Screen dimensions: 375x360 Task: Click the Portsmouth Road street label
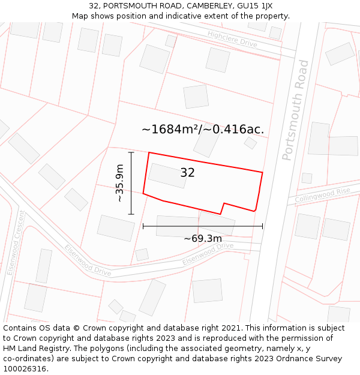(296, 110)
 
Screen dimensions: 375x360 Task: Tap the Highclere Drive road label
(232, 39)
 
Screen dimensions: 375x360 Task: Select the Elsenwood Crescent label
(15, 242)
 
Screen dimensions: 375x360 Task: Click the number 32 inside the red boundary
(187, 173)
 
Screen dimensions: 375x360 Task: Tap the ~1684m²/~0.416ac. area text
(203, 129)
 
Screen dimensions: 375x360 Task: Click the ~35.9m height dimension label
(119, 183)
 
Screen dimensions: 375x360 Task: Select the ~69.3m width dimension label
(203, 238)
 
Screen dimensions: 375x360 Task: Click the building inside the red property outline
(167, 175)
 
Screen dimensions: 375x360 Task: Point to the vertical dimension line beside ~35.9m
(131, 183)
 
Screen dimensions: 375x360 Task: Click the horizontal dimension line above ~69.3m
(203, 226)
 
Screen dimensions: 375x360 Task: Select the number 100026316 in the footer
(26, 369)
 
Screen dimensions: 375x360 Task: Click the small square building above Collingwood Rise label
(307, 178)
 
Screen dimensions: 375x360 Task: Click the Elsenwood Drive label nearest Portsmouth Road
(208, 254)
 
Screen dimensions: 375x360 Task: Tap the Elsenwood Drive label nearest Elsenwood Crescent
(88, 260)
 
